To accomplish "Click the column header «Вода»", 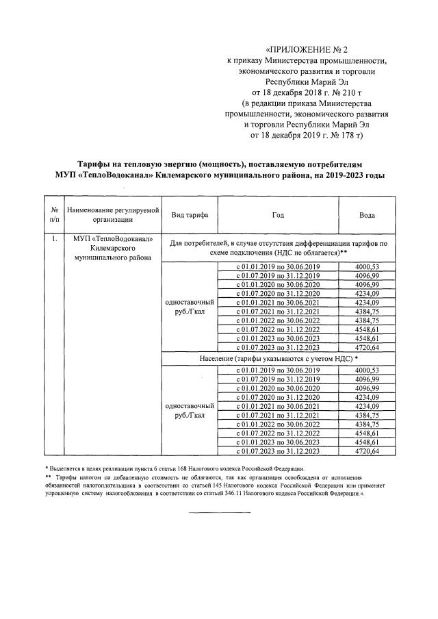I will pyautogui.click(x=367, y=215).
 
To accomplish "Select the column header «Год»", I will pyautogui.click(x=277, y=215).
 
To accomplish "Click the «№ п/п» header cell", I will pyautogui.click(x=53, y=215).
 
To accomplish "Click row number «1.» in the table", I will pyautogui.click(x=53, y=239).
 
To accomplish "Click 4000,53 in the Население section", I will pyautogui.click(x=367, y=370).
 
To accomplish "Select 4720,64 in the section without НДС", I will pyautogui.click(x=367, y=347).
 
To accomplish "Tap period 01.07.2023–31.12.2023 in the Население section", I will pyautogui.click(x=278, y=451).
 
